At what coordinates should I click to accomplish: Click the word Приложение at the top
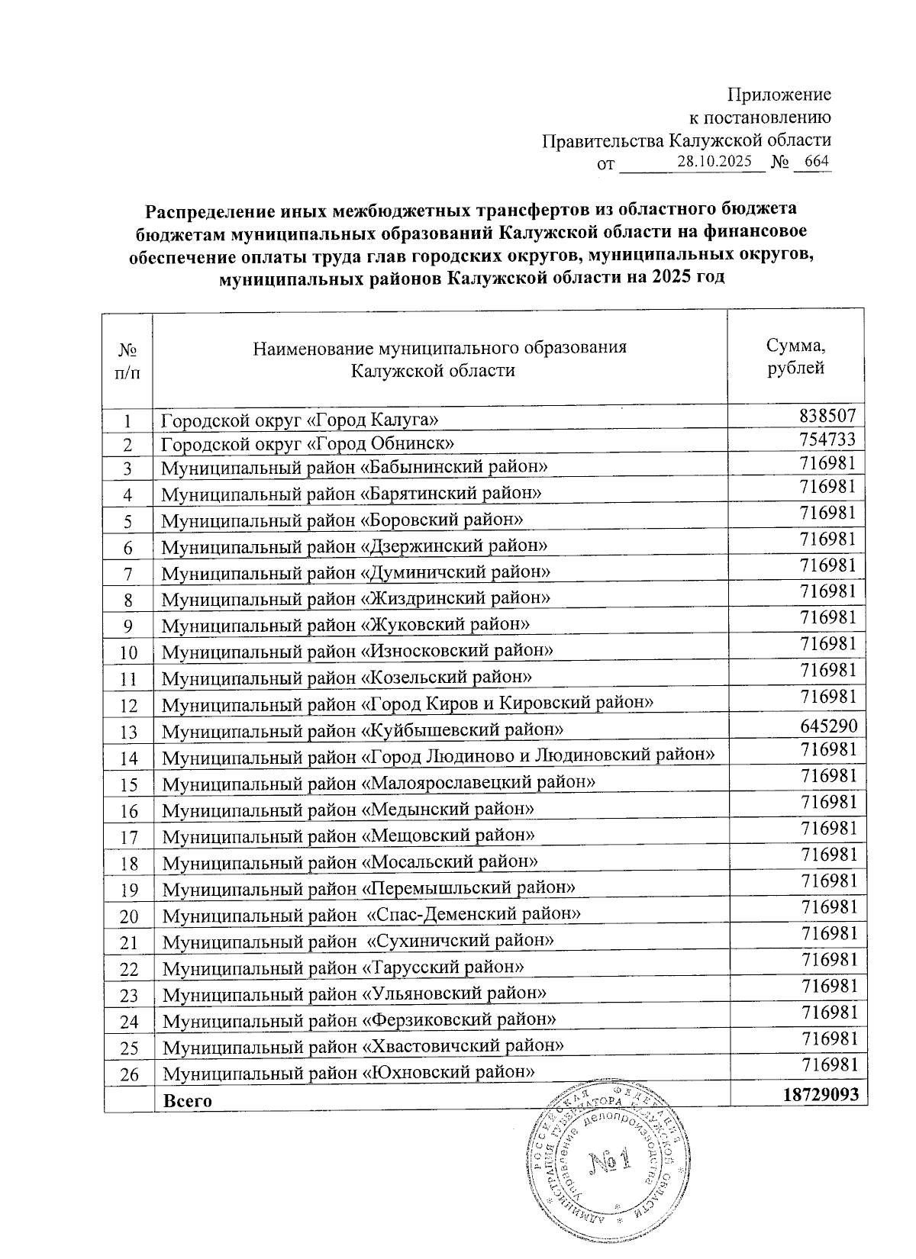[779, 95]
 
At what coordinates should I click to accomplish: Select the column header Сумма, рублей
[795, 356]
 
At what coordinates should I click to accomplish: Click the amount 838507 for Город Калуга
[829, 416]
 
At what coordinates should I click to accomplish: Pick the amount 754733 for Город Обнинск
[829, 440]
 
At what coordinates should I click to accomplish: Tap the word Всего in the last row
[188, 1100]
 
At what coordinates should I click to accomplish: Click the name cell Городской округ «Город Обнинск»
[309, 444]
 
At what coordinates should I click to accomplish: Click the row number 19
[128, 890]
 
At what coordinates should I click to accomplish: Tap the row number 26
[128, 1074]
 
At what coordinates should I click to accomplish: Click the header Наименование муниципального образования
[440, 349]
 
